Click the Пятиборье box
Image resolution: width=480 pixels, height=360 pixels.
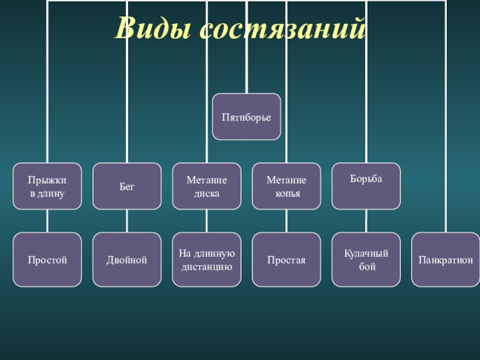246,116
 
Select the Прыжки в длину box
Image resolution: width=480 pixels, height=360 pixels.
47,186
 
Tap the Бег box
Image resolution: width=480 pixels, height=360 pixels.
127,186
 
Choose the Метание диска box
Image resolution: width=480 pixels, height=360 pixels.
206,186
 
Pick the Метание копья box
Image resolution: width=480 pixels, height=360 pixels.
286,186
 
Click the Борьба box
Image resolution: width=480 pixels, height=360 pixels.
366,186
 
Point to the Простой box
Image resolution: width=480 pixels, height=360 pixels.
47,259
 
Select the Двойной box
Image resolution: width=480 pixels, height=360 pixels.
127,259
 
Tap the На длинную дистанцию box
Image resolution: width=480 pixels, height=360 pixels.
206,259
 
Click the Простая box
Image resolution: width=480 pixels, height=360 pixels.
286,259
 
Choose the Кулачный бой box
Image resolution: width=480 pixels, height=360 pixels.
366,259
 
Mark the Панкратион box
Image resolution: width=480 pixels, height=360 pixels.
446,259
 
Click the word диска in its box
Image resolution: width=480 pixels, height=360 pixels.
206,194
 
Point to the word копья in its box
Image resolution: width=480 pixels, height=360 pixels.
286,194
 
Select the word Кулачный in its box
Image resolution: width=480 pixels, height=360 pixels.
366,253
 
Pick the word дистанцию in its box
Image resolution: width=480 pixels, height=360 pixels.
206,266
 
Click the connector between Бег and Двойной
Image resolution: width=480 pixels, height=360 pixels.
127,221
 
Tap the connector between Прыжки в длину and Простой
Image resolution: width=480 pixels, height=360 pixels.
47,221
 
